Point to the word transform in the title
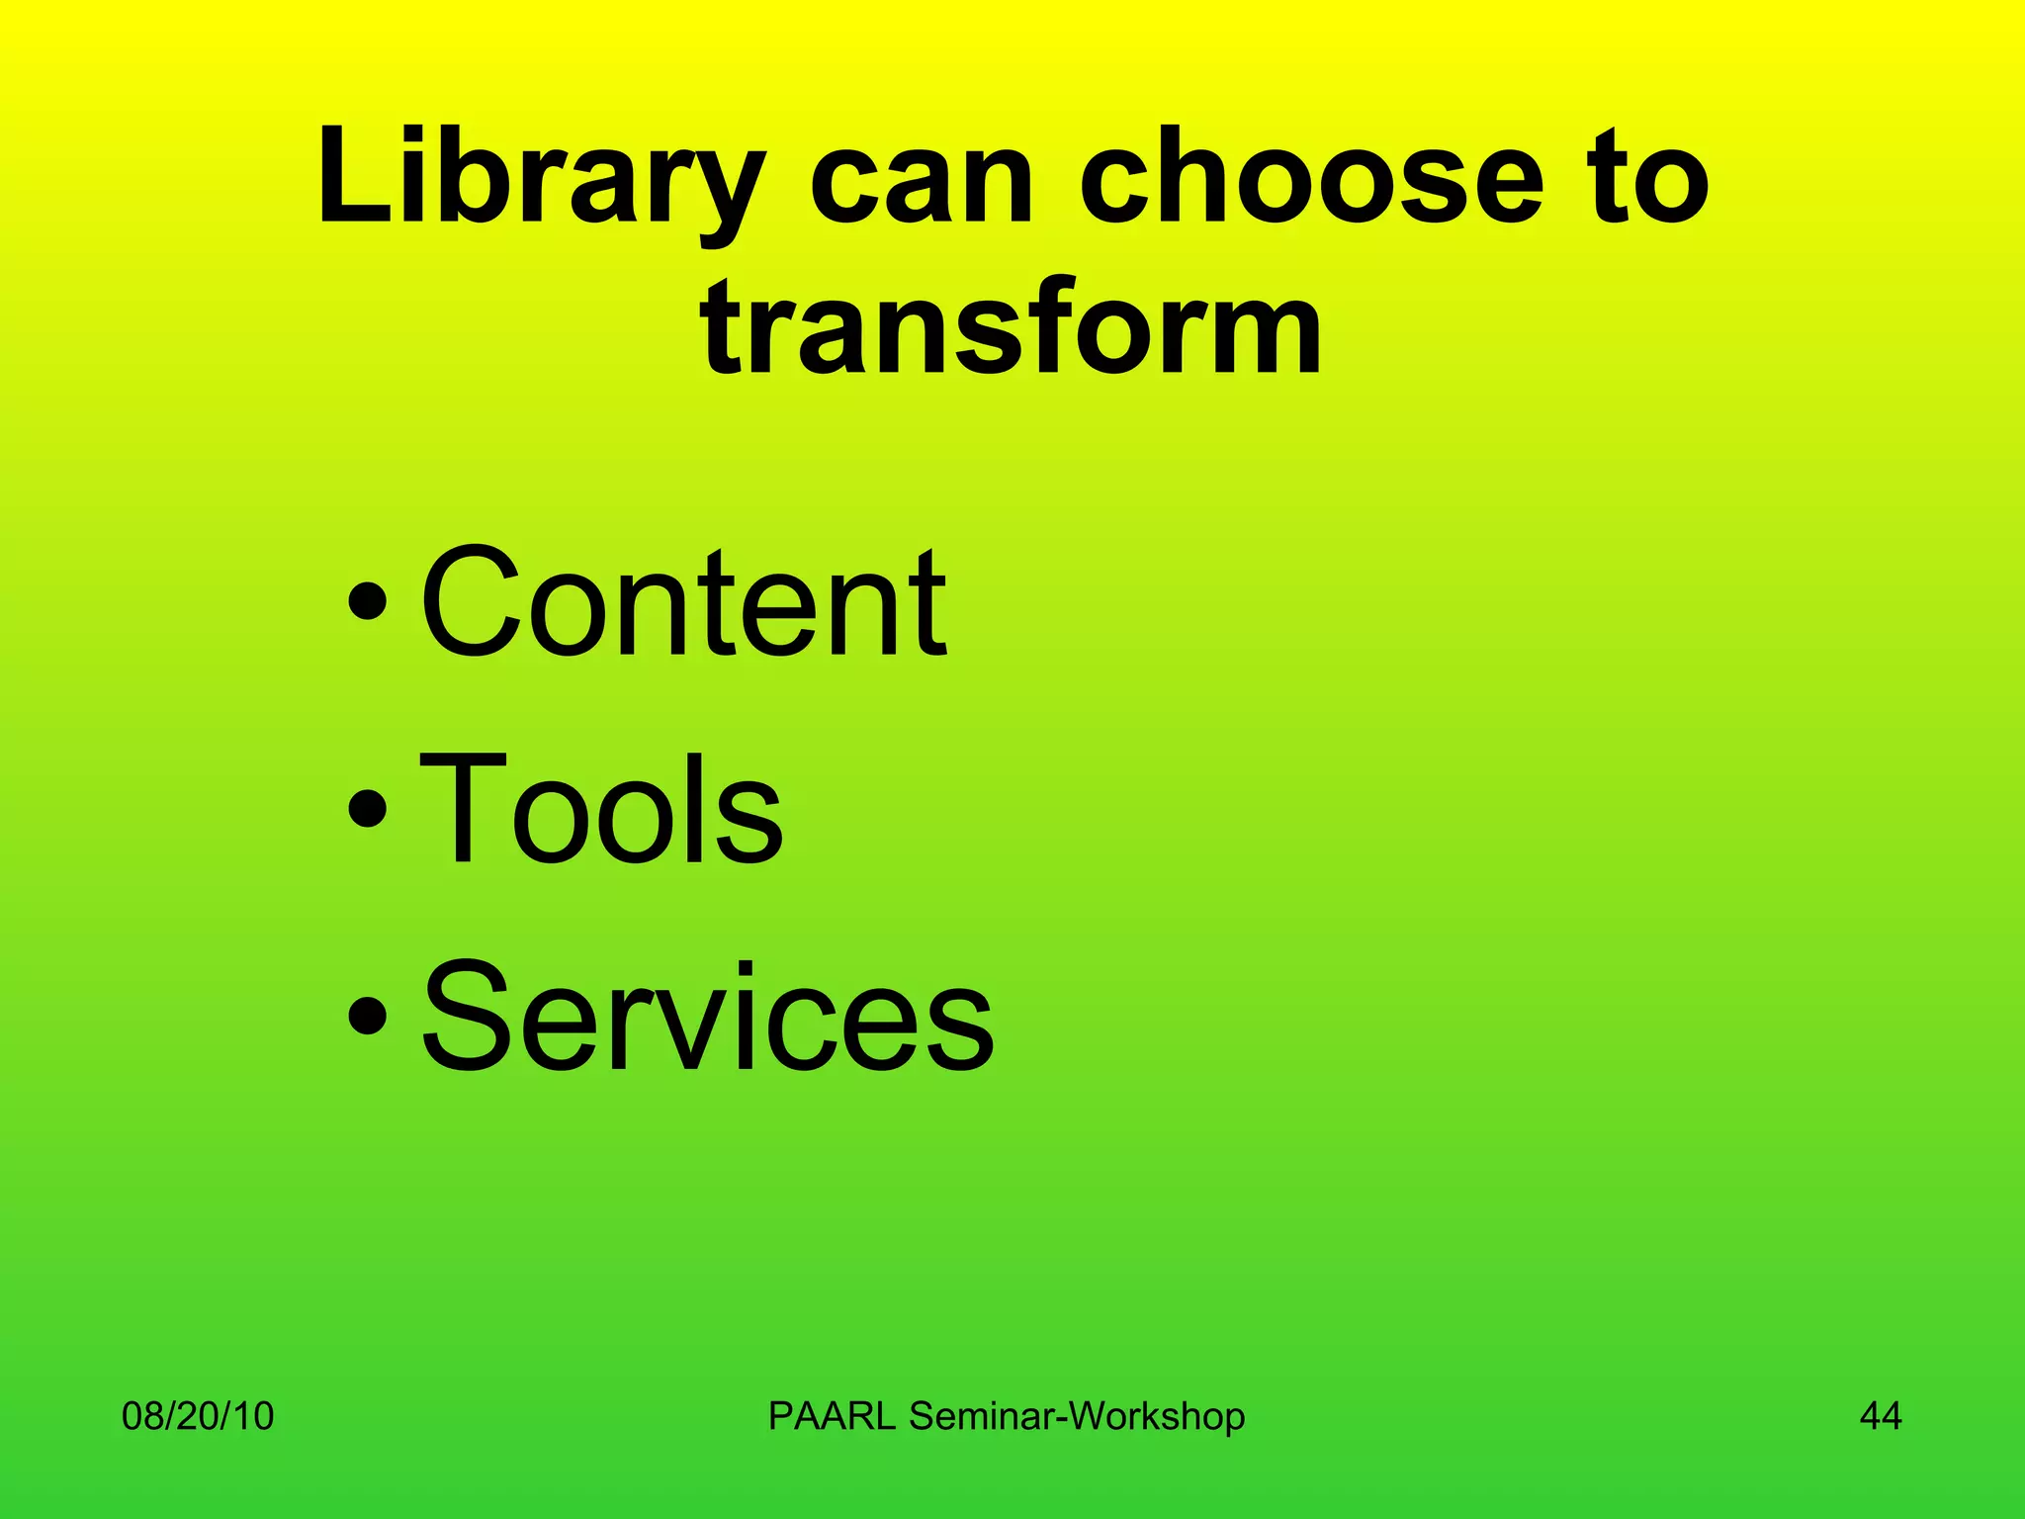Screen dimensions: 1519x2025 click(x=1011, y=326)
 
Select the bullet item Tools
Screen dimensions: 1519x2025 click(x=601, y=809)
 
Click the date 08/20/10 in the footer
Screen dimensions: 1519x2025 click(x=198, y=1416)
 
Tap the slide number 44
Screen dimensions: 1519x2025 click(x=1881, y=1416)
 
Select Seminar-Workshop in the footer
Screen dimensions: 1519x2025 click(x=1077, y=1416)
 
